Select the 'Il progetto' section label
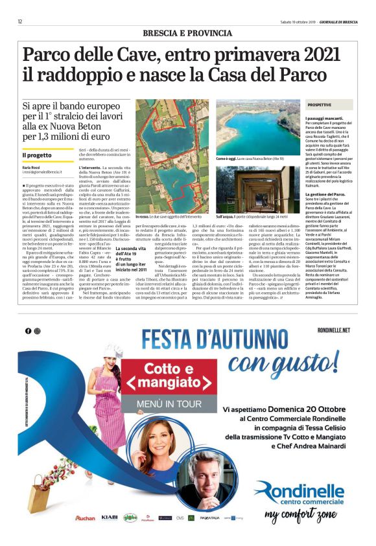[36, 155]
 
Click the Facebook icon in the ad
[29, 331]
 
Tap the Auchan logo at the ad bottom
[85, 518]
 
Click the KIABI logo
[109, 518]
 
